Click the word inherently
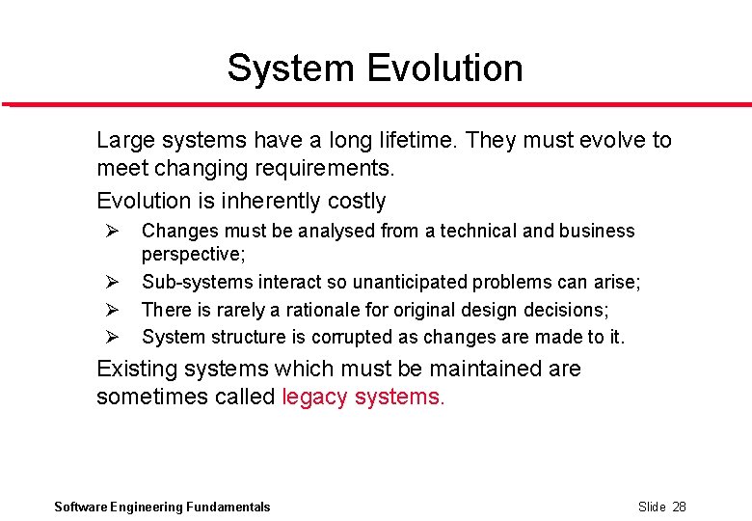[x=267, y=201]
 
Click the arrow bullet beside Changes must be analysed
[x=111, y=232]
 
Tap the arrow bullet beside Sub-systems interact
[x=111, y=283]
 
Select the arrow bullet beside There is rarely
[x=111, y=310]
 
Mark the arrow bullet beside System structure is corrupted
[x=111, y=337]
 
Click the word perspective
[x=193, y=255]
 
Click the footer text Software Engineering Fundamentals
[x=162, y=507]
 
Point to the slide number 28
[x=679, y=507]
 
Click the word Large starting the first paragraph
[x=124, y=140]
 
